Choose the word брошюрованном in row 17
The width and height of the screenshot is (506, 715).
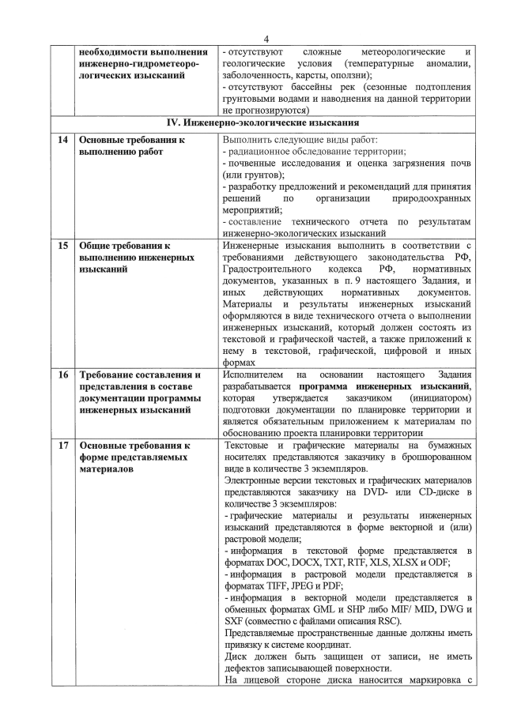(433, 457)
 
